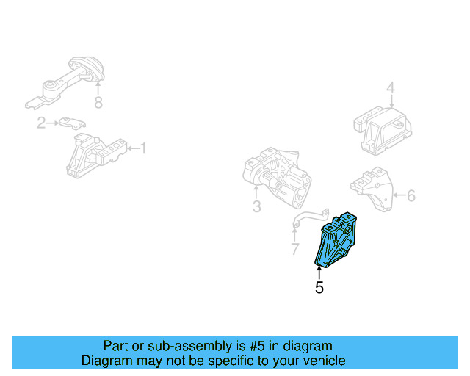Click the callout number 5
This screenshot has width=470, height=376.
click(319, 289)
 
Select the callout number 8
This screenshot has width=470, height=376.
click(98, 103)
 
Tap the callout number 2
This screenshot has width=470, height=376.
click(42, 123)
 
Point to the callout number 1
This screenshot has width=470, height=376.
click(143, 148)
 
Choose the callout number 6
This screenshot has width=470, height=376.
click(411, 195)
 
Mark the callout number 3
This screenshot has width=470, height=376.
click(256, 207)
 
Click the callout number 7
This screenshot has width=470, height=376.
click(294, 250)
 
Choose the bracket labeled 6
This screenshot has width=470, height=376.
click(372, 189)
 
